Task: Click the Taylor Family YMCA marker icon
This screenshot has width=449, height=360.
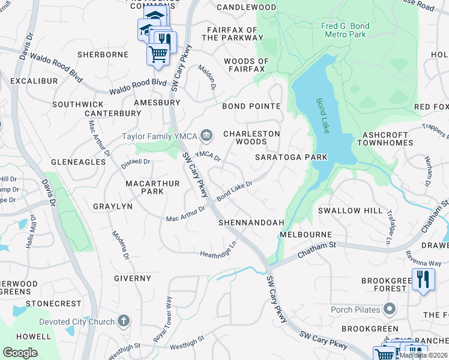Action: tap(206, 136)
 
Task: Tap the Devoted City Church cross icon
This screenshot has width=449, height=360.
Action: tap(124, 321)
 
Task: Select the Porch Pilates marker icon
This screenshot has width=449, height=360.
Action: tap(390, 310)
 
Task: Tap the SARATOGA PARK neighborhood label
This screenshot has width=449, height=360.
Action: tap(291, 157)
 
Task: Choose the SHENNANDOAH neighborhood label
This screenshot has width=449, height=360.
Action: tap(251, 223)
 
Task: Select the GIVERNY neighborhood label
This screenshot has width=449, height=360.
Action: tap(133, 278)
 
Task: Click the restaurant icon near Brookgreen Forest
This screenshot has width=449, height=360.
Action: tap(423, 280)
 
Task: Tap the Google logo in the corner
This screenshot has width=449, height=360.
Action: tap(20, 353)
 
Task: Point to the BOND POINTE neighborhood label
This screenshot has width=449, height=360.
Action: tap(251, 106)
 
